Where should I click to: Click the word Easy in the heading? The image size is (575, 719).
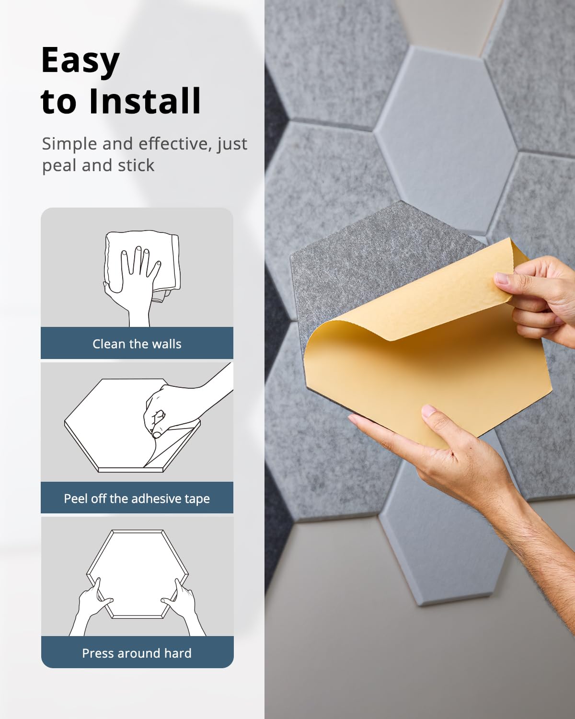coord(80,61)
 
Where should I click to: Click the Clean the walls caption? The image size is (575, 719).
coord(137,344)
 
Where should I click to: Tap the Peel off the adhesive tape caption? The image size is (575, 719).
coord(137,499)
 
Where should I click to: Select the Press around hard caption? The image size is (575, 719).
coord(137,653)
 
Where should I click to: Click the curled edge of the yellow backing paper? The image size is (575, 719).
coord(335,331)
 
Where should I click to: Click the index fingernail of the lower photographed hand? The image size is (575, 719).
coord(428,410)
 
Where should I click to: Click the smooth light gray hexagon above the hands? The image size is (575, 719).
coord(446,139)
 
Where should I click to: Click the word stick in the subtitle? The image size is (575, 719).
coord(136,165)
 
